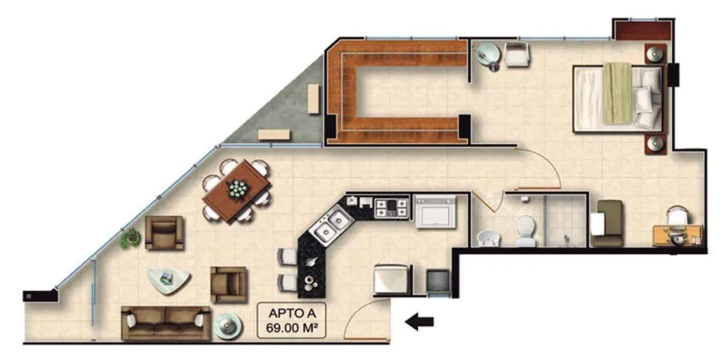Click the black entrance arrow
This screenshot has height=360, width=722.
419,322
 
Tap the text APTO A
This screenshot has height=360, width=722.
291,315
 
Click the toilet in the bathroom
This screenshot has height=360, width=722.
526,231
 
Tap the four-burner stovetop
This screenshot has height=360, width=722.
391,207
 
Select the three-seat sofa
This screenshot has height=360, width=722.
166,323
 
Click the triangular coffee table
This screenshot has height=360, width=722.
168,280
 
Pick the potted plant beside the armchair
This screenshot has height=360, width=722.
130,238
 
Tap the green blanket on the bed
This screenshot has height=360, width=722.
617,93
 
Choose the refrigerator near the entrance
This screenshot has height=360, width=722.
391,279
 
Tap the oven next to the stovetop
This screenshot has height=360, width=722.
435,211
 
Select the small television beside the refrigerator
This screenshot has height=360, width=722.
438,281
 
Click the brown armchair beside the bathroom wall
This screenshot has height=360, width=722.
607,223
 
